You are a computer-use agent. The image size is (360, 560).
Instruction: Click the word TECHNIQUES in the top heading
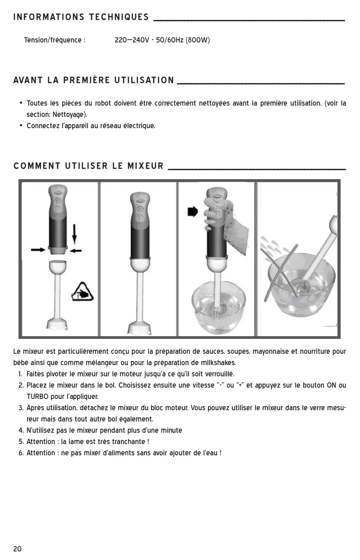(x=119, y=17)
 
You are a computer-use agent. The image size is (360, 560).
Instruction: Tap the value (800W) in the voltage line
(x=198, y=40)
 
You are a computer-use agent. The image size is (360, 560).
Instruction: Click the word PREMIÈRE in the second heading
(x=87, y=80)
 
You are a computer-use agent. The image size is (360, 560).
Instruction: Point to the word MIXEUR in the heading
(x=146, y=166)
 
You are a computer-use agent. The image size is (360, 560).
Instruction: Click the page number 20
(x=18, y=549)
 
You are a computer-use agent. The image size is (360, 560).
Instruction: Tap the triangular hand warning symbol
(x=83, y=292)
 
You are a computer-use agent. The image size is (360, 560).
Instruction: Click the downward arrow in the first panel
(x=74, y=234)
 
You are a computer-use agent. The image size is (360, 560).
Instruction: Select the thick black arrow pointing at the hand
(x=193, y=212)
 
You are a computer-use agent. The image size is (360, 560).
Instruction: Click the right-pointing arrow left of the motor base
(x=38, y=250)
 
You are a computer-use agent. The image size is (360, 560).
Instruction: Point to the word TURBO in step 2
(x=37, y=397)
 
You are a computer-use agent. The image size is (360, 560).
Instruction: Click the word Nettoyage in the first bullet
(x=68, y=115)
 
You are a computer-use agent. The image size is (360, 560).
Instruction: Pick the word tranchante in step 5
(x=128, y=441)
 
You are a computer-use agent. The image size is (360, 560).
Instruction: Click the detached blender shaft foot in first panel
(x=57, y=324)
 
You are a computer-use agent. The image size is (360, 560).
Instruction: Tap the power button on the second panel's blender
(x=140, y=209)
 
